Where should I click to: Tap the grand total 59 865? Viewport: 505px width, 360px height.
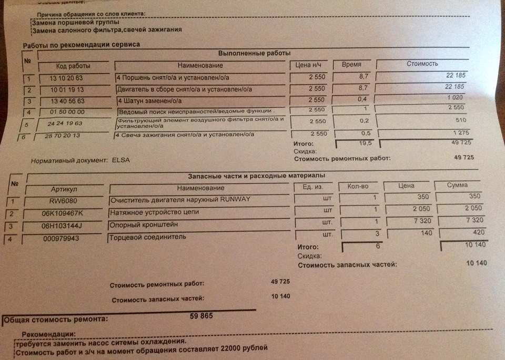[203, 316]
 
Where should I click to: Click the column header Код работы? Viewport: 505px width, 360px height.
[73, 66]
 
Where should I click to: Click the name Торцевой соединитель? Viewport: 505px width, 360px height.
[141, 238]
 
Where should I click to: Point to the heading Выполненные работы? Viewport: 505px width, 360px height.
[254, 53]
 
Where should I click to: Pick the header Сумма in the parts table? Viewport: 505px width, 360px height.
[457, 185]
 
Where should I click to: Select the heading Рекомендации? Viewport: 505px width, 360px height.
[48, 334]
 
